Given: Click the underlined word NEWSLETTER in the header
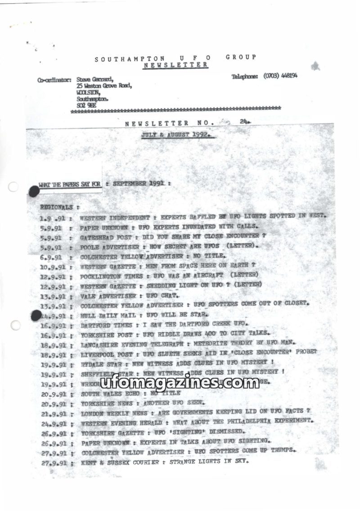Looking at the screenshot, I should [x=175, y=65].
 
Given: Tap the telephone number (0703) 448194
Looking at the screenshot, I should [x=280, y=76].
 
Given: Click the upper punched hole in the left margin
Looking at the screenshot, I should [x=13, y=187].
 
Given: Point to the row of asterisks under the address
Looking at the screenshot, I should [x=175, y=109].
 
